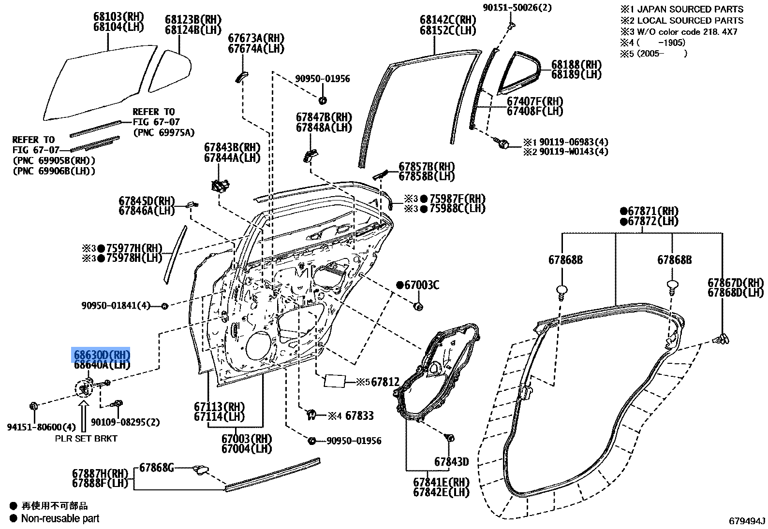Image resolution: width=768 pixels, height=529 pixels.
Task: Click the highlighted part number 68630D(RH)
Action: [102, 355]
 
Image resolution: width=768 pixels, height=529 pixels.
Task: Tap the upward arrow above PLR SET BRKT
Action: [84, 417]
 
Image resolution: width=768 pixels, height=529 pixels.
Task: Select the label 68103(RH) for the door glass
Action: [118, 17]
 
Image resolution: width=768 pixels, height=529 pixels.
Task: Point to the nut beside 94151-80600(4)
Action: [34, 406]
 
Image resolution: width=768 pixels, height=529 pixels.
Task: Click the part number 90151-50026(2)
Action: [517, 7]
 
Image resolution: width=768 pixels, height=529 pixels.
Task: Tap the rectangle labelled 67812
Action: [335, 381]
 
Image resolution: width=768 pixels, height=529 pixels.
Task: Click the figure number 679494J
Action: [747, 521]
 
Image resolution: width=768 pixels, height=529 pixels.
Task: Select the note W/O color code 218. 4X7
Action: [687, 32]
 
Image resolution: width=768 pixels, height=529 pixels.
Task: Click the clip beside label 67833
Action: [312, 414]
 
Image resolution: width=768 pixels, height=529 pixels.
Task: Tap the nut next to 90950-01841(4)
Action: [164, 306]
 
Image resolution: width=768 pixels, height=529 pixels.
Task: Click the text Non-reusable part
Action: [60, 518]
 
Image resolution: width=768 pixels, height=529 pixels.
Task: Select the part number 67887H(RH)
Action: [100, 473]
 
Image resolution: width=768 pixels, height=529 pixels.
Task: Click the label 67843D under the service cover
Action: [451, 462]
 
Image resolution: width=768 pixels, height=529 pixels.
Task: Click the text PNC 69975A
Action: [163, 132]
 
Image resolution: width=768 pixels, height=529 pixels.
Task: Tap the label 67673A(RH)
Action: [256, 38]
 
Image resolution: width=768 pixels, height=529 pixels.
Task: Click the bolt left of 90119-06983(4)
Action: [502, 143]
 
